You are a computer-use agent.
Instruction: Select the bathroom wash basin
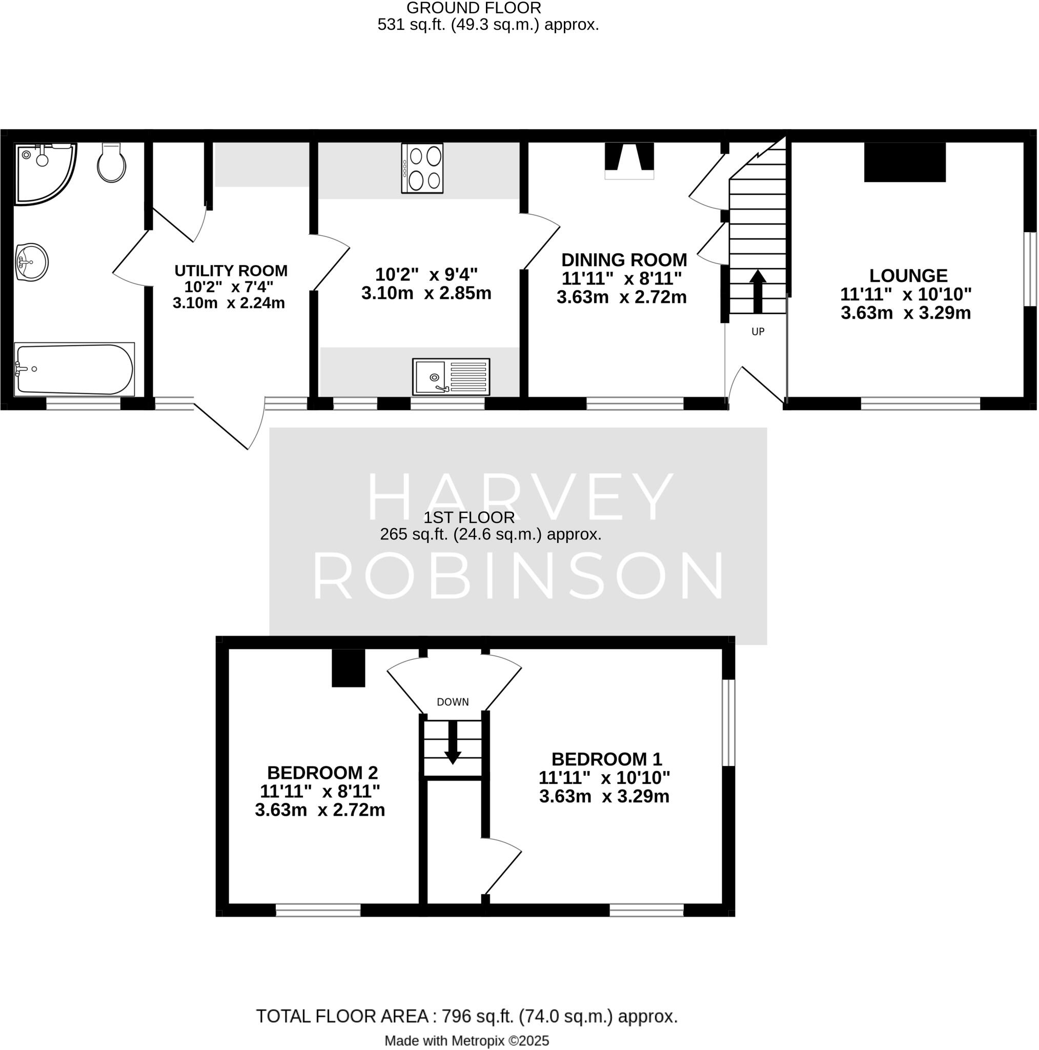click(x=32, y=262)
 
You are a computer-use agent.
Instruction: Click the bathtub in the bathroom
click(x=74, y=369)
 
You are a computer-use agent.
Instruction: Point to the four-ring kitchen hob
click(x=422, y=168)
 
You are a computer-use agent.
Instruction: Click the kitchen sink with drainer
click(x=451, y=376)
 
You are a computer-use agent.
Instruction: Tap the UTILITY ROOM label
click(x=231, y=271)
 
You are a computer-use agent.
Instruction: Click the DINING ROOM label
click(x=624, y=260)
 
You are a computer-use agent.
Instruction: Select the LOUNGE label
click(x=908, y=275)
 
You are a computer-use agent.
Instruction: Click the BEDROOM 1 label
click(x=606, y=759)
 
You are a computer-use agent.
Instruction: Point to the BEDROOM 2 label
click(x=322, y=772)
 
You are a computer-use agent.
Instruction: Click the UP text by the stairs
click(x=758, y=332)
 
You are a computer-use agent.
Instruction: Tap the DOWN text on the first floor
click(x=453, y=702)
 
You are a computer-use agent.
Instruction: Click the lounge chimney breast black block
click(x=905, y=162)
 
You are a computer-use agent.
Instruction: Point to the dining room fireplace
click(x=629, y=161)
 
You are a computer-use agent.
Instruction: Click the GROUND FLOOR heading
click(x=473, y=8)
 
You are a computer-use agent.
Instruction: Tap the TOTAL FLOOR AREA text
click(x=467, y=1016)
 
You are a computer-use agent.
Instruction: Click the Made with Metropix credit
click(x=467, y=1040)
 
